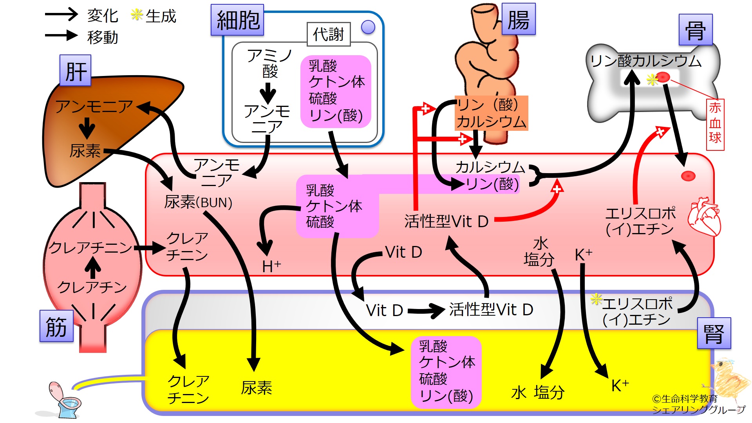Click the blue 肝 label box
tap(75, 70)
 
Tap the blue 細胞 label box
tap(237, 20)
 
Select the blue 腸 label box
tap(518, 19)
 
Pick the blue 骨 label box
tap(695, 30)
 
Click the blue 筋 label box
tap(56, 326)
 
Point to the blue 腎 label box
tap(714, 333)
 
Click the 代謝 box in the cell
tap(329, 34)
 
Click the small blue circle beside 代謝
tap(368, 27)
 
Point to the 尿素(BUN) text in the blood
tap(198, 202)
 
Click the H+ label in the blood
tap(271, 266)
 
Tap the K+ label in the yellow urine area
tap(620, 385)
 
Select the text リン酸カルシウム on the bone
tap(645, 61)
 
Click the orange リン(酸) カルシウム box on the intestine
tap(491, 113)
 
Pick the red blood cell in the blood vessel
tap(688, 176)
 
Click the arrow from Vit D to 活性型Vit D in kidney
tap(425, 311)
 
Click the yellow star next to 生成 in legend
tap(136, 15)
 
